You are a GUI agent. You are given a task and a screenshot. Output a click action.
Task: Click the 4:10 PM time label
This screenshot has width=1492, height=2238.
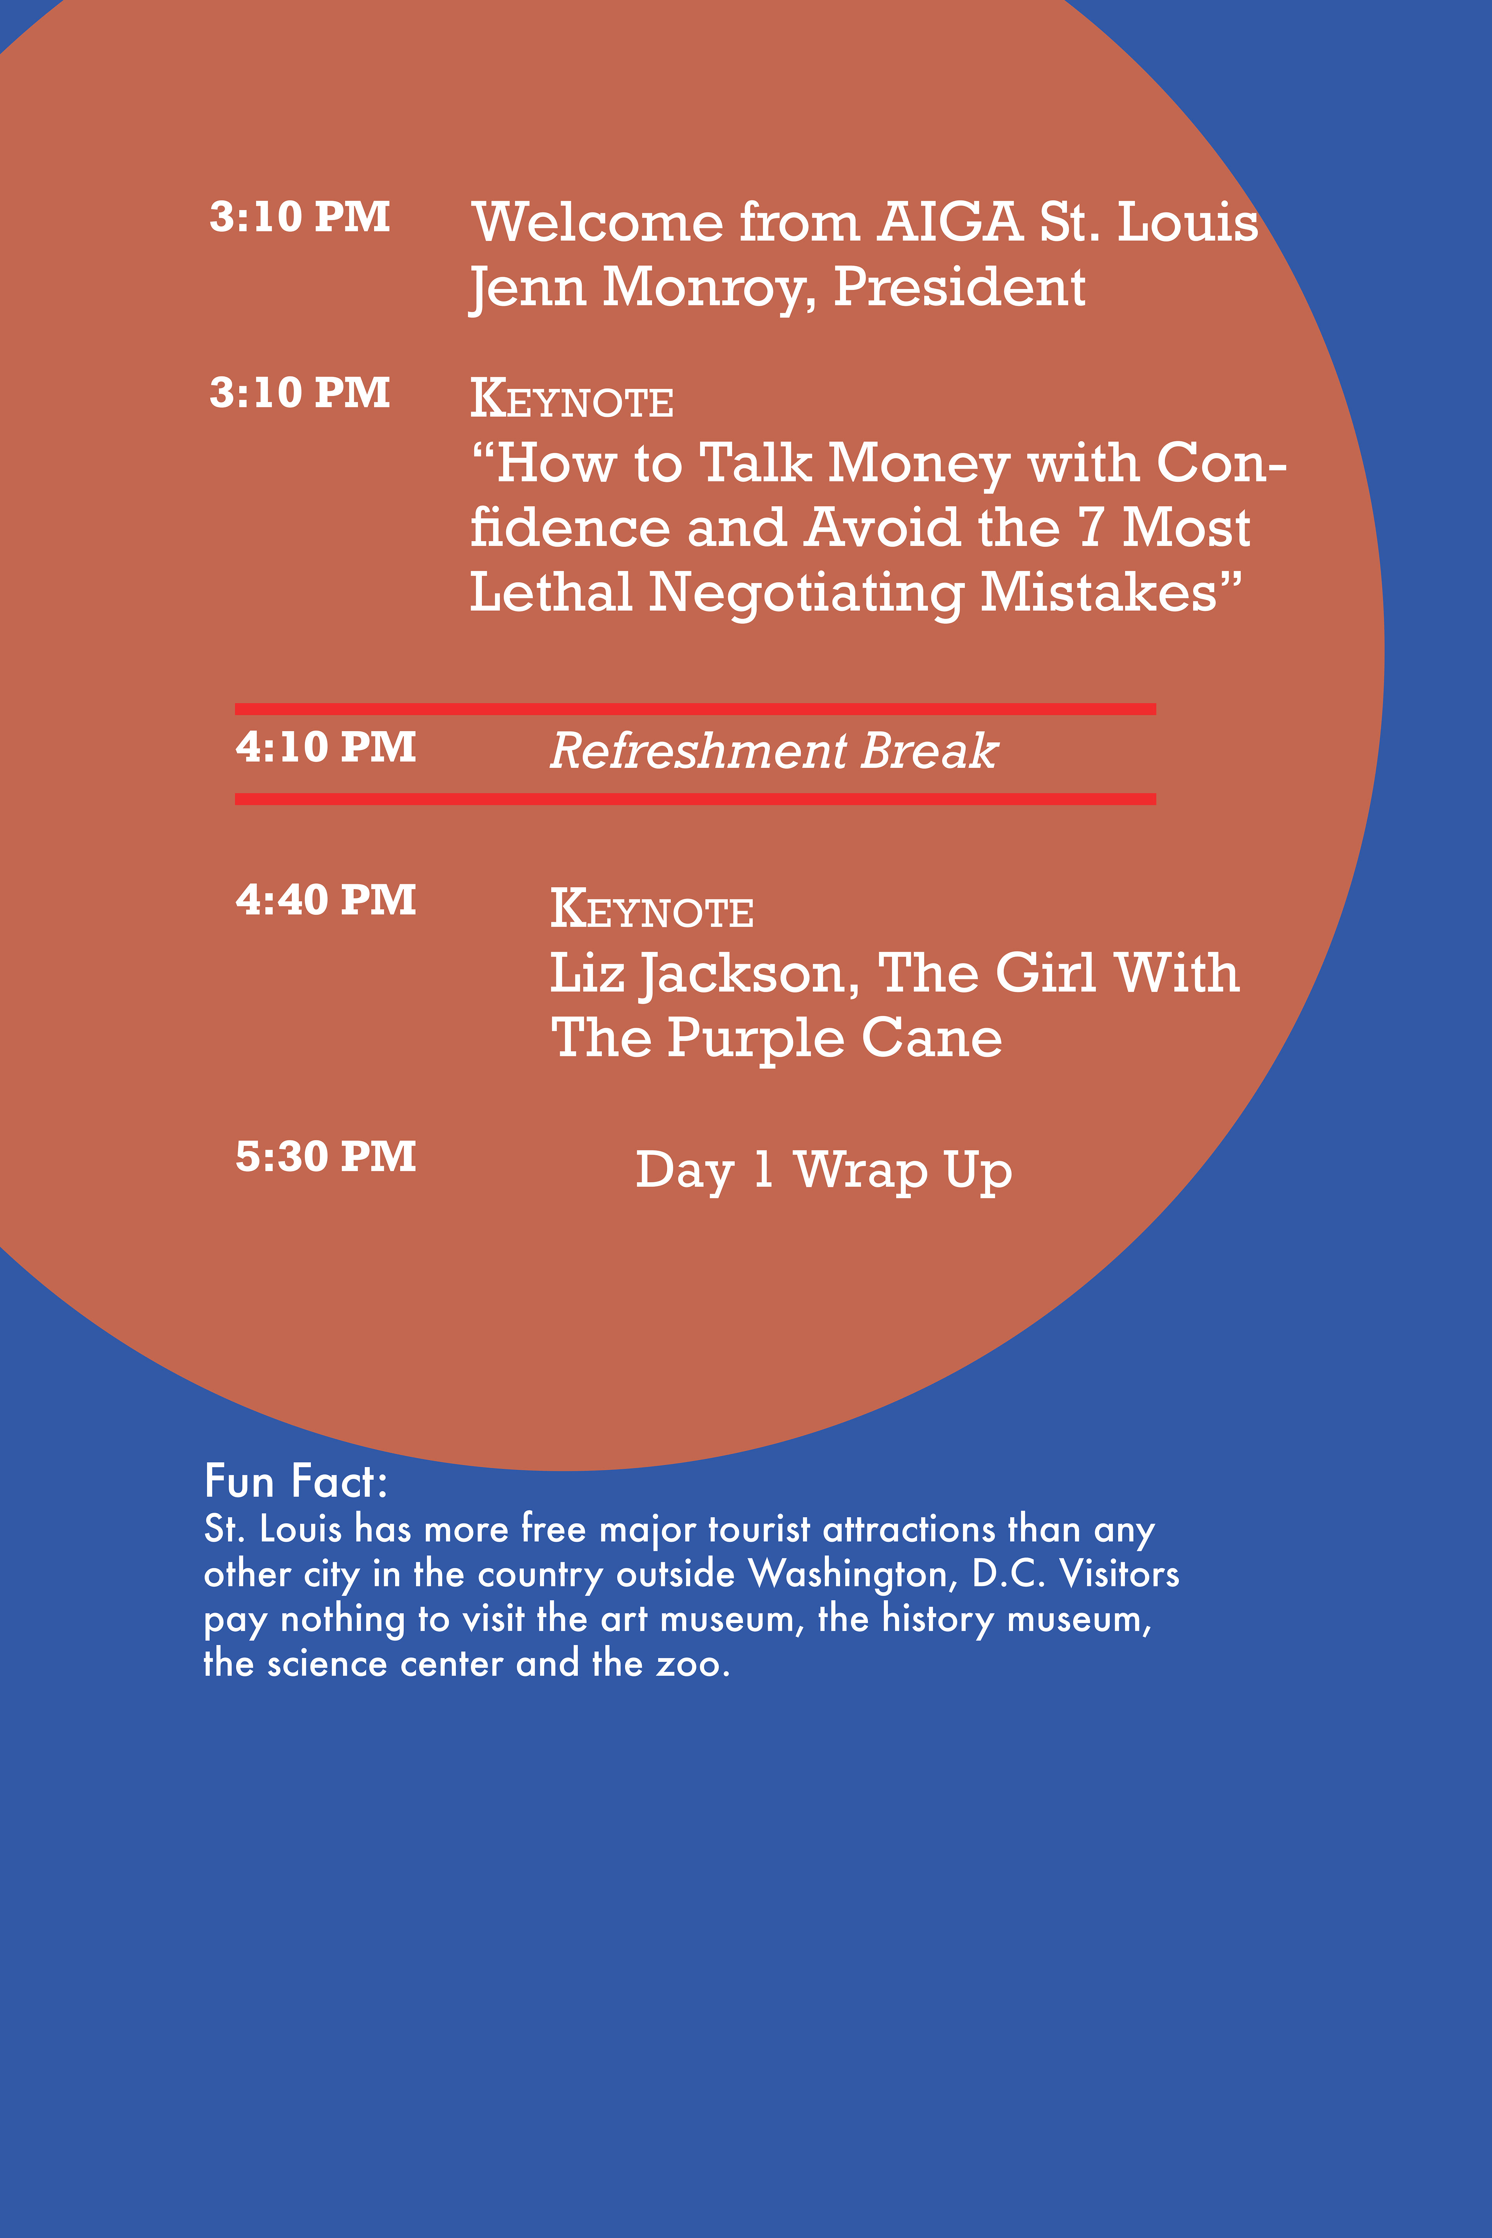click(326, 747)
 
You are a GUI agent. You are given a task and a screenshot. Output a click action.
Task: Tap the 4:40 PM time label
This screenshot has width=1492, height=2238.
click(326, 900)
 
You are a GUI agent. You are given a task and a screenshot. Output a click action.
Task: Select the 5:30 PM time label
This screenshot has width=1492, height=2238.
click(326, 1157)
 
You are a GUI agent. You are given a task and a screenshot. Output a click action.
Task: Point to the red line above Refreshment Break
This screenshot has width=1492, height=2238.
click(695, 709)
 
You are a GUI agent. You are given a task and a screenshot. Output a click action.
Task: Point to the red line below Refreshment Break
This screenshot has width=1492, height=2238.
click(695, 799)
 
